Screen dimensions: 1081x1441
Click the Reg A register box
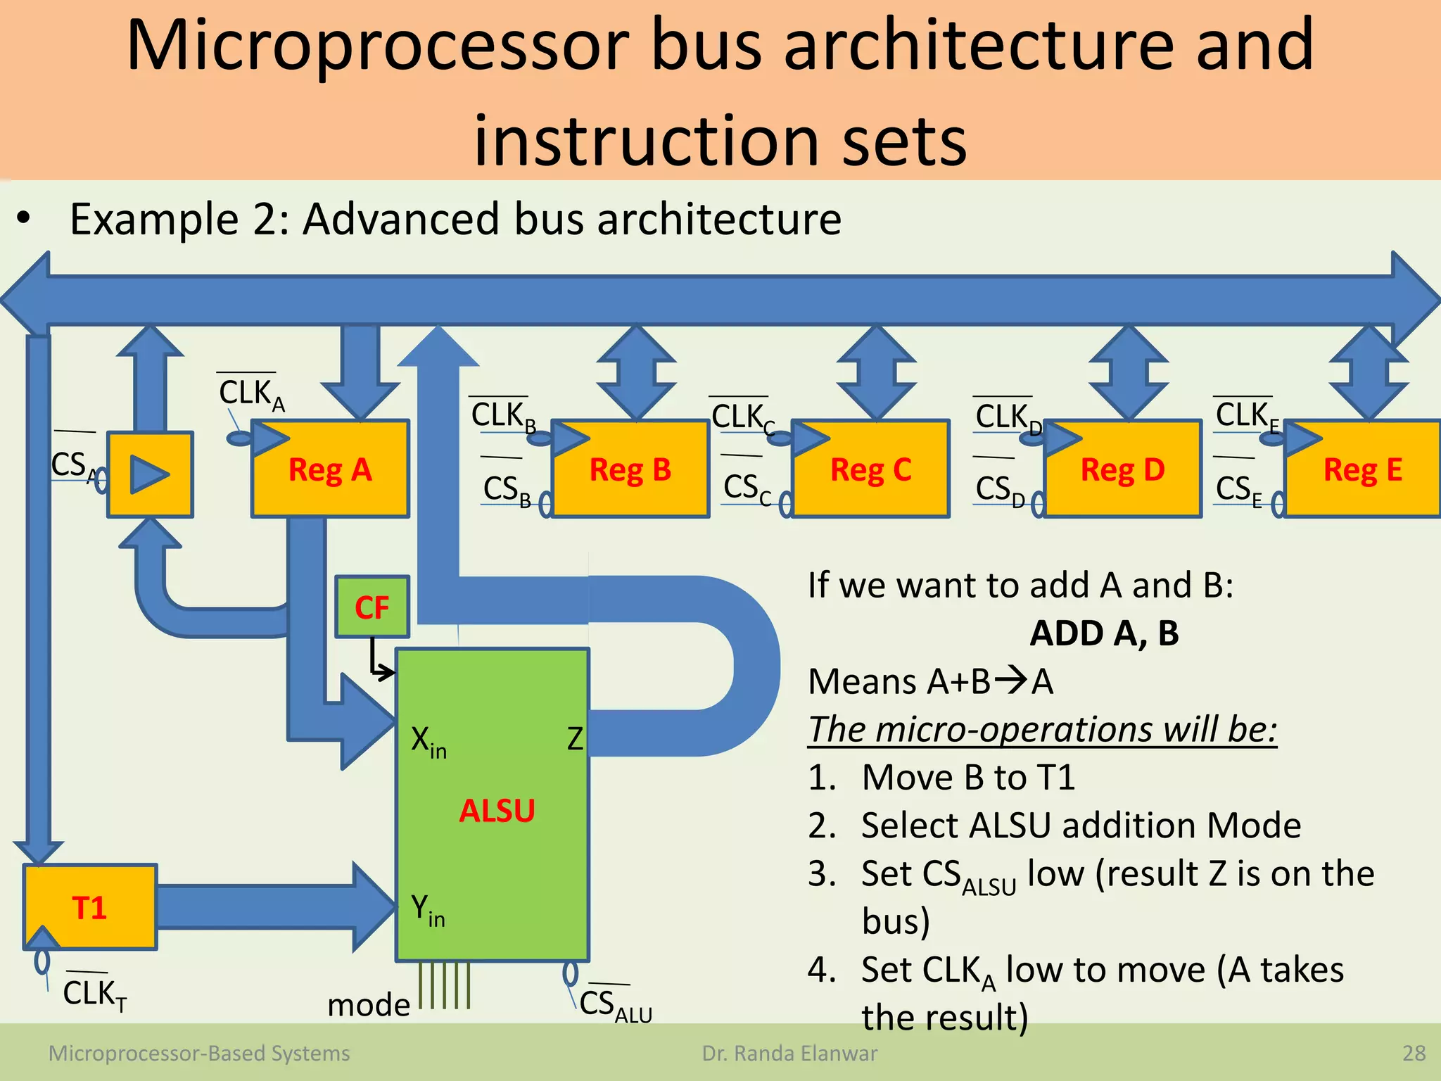click(x=330, y=469)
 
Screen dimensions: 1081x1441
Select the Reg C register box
click(x=870, y=469)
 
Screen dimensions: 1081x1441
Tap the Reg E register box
click(x=1362, y=469)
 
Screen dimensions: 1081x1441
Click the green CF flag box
click(x=372, y=607)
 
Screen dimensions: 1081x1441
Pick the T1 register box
click(x=89, y=907)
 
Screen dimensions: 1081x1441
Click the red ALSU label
click(x=497, y=811)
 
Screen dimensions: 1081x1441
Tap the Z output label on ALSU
click(x=575, y=739)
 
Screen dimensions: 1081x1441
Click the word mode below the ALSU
click(x=369, y=1004)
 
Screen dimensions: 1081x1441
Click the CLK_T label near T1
click(x=94, y=994)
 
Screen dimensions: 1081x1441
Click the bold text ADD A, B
click(x=1103, y=633)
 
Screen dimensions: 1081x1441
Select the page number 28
click(x=1414, y=1054)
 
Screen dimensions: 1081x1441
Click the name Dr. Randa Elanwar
click(x=789, y=1054)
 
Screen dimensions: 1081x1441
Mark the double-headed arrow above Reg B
click(x=636, y=372)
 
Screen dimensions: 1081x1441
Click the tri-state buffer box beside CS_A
click(x=150, y=474)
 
